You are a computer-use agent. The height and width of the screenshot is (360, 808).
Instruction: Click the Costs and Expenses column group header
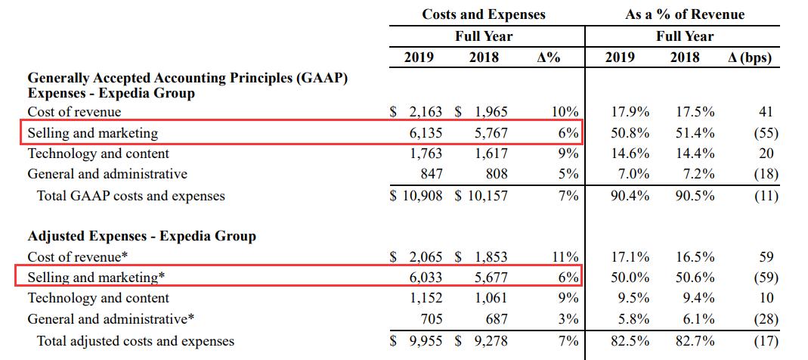(483, 14)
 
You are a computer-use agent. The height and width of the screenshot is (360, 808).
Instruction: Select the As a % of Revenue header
(685, 14)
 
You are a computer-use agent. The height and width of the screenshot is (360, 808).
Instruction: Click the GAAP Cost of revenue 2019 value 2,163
(426, 112)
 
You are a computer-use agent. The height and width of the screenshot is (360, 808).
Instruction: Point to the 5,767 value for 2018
(491, 133)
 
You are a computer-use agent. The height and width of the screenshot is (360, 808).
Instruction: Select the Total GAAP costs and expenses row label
(131, 196)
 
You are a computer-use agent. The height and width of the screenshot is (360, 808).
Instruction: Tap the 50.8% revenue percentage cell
(630, 133)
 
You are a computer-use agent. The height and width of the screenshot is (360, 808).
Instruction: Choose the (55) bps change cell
(766, 133)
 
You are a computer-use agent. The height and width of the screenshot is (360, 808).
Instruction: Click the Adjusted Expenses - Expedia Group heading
(141, 236)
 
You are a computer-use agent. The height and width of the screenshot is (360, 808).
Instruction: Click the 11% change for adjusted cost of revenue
(566, 257)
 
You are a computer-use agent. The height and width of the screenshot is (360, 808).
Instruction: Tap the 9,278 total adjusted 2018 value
(491, 341)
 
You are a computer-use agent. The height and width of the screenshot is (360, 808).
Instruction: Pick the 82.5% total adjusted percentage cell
(630, 341)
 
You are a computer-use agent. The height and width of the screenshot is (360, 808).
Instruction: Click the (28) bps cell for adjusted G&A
(766, 319)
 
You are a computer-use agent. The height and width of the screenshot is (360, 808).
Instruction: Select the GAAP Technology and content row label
(98, 154)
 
